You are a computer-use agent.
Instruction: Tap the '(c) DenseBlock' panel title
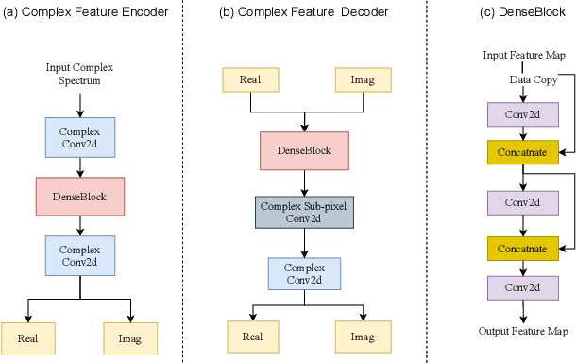[513, 12]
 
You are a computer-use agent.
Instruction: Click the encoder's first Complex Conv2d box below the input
[79, 137]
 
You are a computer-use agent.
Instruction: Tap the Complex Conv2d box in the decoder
[303, 272]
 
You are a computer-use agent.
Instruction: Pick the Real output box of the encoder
[29, 337]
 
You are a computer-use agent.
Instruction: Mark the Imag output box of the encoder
[130, 337]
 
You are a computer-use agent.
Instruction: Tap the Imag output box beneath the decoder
[363, 337]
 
